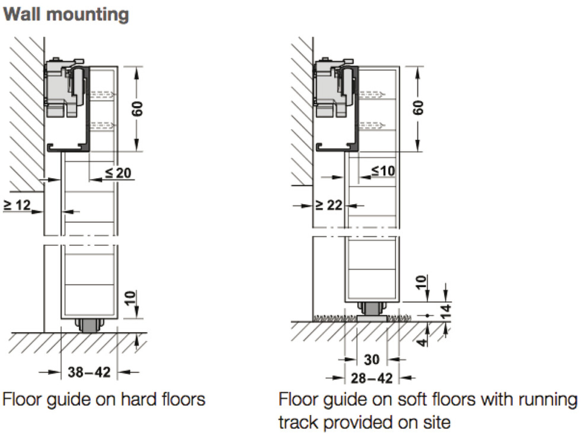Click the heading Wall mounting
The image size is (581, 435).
coord(66,15)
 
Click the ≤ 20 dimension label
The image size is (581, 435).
coord(118,173)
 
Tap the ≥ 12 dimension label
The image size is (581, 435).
coord(17,205)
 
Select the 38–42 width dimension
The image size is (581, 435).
coord(89,372)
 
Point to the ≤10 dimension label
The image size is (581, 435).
coord(383,170)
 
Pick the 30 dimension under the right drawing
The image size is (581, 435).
coord(372,359)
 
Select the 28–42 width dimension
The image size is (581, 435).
coord(372,378)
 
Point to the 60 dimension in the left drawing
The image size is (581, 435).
coord(137,108)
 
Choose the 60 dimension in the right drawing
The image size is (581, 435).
coord(418,108)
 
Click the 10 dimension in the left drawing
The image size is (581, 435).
coord(130,298)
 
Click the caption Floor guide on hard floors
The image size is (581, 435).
coord(104,400)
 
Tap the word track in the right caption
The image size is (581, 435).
coord(298,422)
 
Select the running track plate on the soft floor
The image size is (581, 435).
coord(372,318)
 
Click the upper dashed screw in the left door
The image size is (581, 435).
coord(102,94)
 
